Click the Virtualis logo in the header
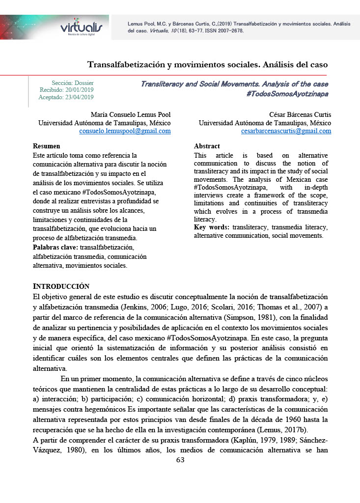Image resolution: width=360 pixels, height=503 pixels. pyautogui.click(x=81, y=28)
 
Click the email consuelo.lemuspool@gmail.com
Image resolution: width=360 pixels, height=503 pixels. pyautogui.click(x=125, y=131)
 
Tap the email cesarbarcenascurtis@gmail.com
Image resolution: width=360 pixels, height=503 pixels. pyautogui.click(x=286, y=131)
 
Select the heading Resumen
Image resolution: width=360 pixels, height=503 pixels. pyautogui.click(x=46, y=146)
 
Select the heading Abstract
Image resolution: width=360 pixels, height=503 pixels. pyautogui.click(x=207, y=146)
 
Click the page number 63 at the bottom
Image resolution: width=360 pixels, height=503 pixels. pyautogui.click(x=180, y=460)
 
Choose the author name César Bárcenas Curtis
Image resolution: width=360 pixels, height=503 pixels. pyautogui.click(x=300, y=115)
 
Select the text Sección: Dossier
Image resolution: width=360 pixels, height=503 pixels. pyautogui.click(x=73, y=83)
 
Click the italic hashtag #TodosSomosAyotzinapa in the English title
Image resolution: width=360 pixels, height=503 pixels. pyautogui.click(x=287, y=93)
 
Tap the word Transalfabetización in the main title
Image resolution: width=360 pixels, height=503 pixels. pyautogui.click(x=131, y=64)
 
